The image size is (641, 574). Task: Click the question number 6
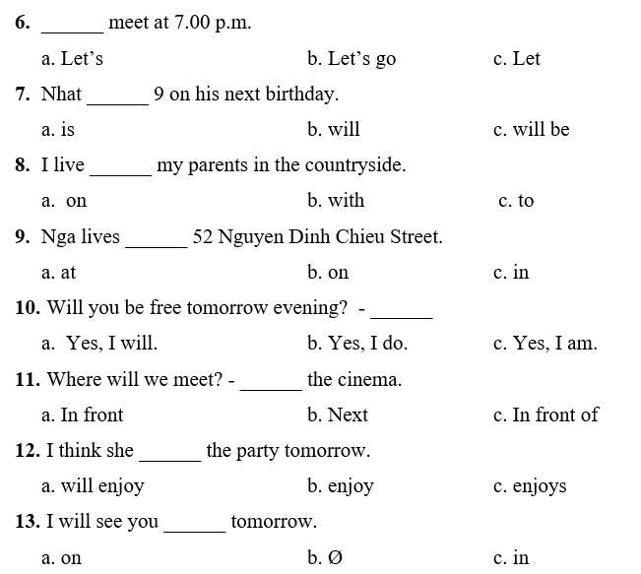22,22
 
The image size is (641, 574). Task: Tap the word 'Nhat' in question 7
61,95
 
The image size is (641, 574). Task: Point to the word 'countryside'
354,165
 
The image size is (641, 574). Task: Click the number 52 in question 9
203,236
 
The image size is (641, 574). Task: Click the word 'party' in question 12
261,451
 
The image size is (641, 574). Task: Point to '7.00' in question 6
191,22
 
